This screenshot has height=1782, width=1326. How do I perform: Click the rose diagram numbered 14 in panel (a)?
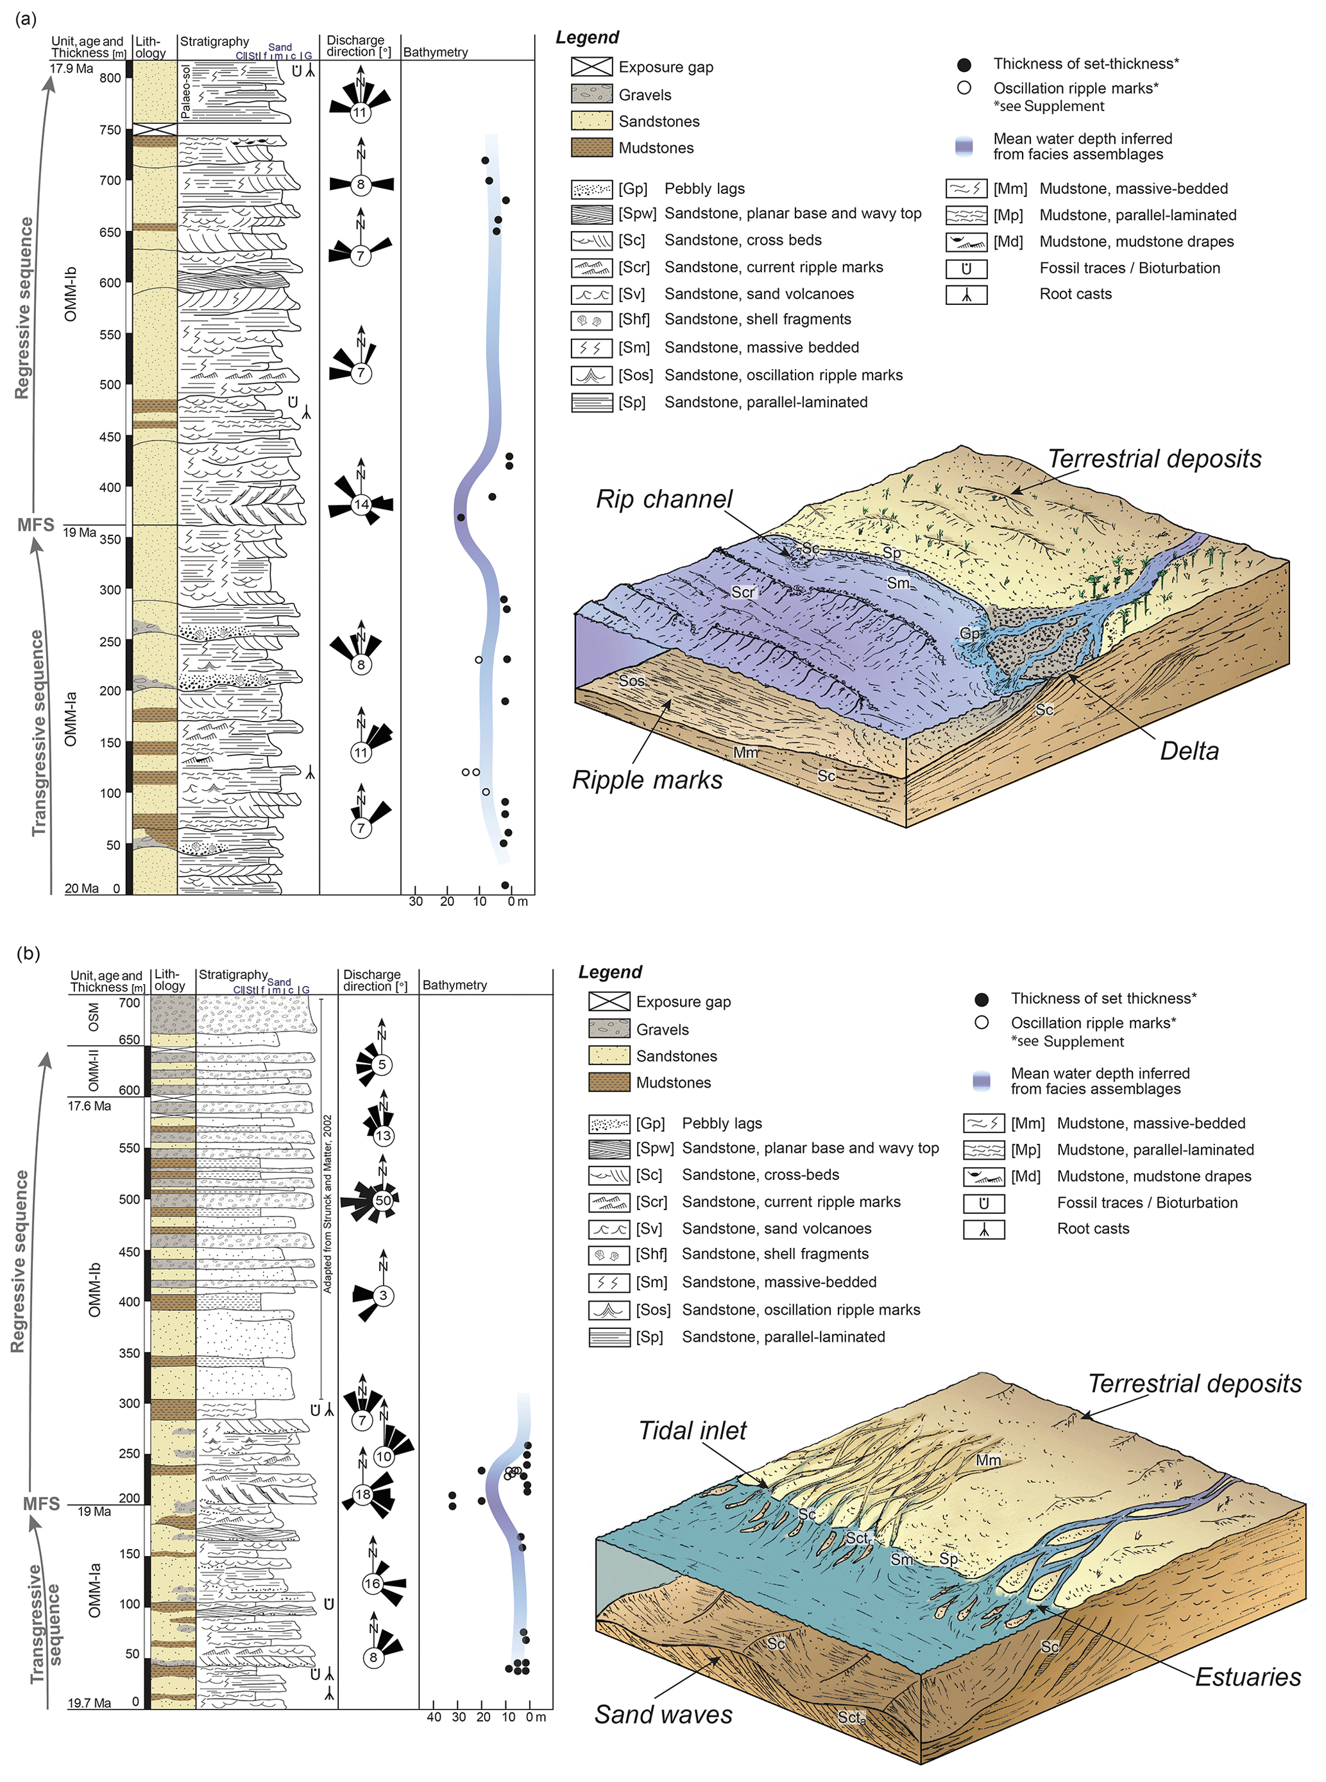click(x=361, y=505)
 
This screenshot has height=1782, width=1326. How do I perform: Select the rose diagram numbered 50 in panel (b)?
click(x=383, y=1200)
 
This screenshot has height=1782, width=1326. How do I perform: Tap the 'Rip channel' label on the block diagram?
click(x=664, y=499)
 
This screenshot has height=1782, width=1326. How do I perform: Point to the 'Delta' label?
click(x=1189, y=751)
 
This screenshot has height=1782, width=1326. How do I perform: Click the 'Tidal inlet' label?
click(x=692, y=1430)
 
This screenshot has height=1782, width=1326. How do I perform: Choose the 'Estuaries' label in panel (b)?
click(x=1247, y=1677)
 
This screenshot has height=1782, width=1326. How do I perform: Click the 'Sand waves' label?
click(x=663, y=1715)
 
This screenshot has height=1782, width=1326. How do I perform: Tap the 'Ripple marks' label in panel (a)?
click(x=647, y=780)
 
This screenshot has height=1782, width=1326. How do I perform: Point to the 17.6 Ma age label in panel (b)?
click(x=89, y=1106)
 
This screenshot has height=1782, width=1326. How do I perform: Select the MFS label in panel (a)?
click(x=36, y=525)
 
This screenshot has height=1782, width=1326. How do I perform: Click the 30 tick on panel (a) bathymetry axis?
click(x=416, y=902)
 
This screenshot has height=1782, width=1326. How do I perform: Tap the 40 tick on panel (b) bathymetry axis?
click(x=434, y=1717)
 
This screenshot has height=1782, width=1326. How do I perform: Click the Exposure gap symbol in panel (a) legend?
click(x=591, y=67)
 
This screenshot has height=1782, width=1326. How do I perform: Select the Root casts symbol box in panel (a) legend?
click(x=965, y=295)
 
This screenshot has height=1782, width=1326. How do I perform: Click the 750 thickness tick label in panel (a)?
click(x=110, y=130)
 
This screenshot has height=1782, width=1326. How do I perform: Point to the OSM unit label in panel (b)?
click(x=94, y=1017)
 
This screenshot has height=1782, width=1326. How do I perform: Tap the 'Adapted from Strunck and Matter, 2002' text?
click(x=327, y=1203)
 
